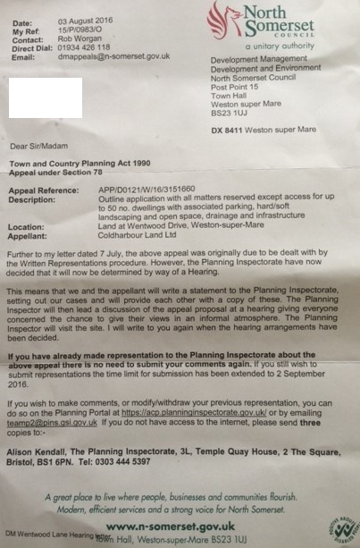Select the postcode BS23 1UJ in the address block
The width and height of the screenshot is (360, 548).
click(x=230, y=112)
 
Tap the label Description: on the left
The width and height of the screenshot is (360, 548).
click(x=32, y=200)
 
